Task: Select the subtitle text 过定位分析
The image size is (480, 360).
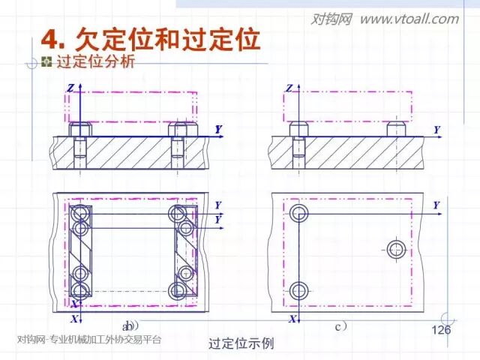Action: tap(95, 62)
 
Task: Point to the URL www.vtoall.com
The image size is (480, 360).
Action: tap(409, 19)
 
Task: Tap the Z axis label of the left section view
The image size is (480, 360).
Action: tap(70, 88)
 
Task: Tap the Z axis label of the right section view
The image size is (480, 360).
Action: tap(289, 88)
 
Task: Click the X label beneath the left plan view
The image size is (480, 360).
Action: tap(73, 319)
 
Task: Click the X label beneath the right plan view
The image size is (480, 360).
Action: tap(290, 319)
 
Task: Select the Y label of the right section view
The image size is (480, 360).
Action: tap(436, 130)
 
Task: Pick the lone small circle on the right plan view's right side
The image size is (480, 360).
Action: tap(396, 249)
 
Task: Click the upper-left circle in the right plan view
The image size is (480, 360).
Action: tap(298, 212)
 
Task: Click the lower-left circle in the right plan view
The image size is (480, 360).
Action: tap(298, 290)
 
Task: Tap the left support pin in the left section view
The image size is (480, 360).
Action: tap(79, 129)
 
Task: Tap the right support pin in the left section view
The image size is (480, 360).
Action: tap(178, 129)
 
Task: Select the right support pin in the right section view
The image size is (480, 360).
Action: tap(397, 128)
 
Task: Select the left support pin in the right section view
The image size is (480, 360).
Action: tap(298, 128)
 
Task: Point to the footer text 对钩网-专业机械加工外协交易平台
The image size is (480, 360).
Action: tap(88, 340)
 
